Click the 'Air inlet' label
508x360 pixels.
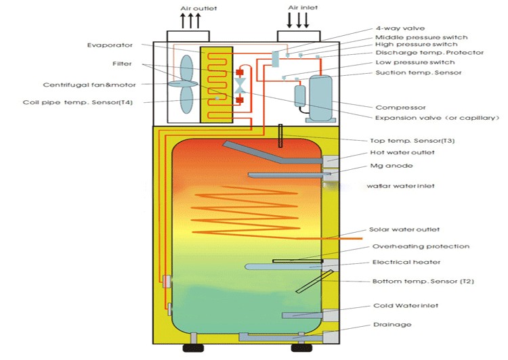click(x=298, y=8)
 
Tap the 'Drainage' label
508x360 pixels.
click(x=392, y=325)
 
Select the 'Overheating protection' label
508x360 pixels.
click(x=411, y=246)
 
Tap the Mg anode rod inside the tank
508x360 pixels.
click(x=285, y=175)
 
